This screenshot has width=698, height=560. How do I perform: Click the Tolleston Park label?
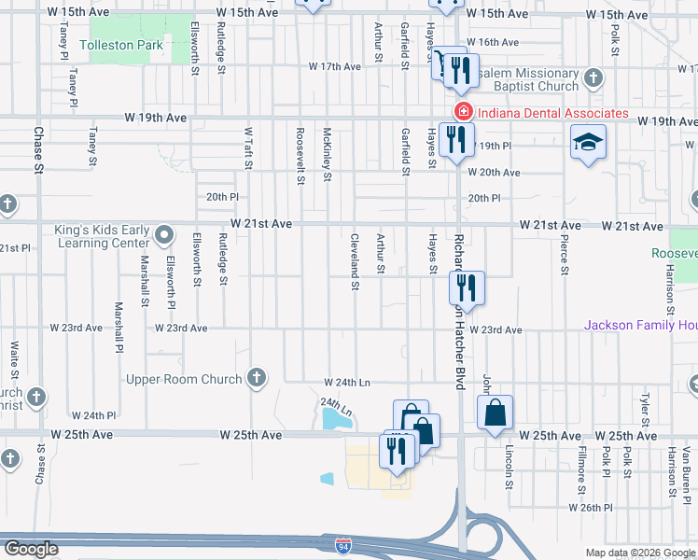121,45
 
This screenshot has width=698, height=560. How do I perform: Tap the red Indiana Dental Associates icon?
460,113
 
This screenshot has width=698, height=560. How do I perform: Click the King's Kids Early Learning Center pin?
164,232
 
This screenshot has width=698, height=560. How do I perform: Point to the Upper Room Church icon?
256,378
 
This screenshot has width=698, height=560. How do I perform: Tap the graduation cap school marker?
587,143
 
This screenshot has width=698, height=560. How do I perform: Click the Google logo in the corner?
30,549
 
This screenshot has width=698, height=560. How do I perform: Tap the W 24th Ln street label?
347,383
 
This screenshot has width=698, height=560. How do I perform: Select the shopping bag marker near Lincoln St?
496,411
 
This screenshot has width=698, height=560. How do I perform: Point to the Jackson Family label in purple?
640,325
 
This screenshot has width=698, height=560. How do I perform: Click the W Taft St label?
249,149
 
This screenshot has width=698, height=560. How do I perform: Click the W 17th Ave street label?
334,67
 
